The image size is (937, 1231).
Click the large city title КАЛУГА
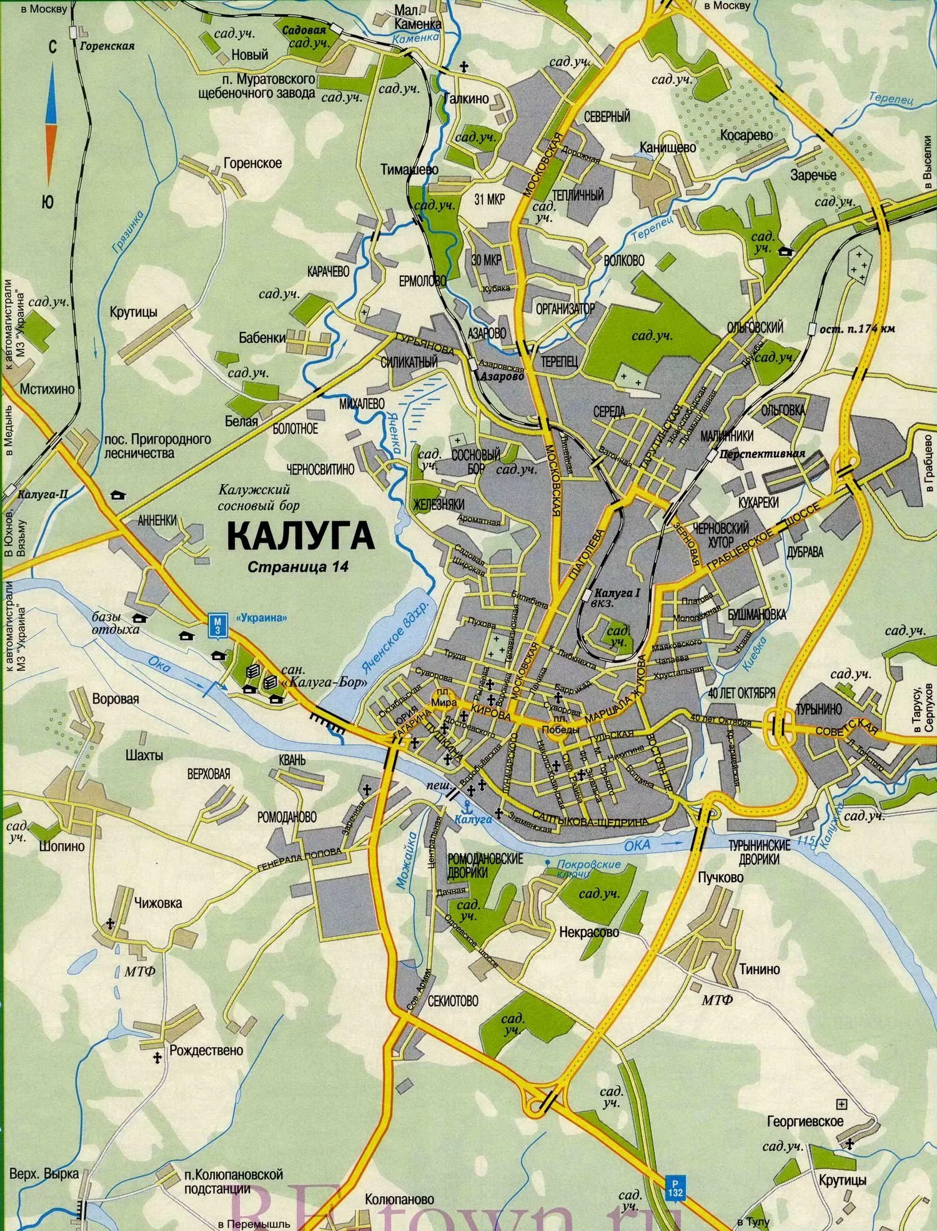pyautogui.click(x=300, y=536)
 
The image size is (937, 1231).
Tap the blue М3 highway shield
pyautogui.click(x=217, y=626)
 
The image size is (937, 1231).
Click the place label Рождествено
pyautogui.click(x=206, y=1050)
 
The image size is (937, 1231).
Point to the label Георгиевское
pyautogui.click(x=805, y=1122)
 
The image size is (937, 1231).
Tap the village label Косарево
pyautogui.click(x=746, y=135)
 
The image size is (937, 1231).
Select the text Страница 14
pyautogui.click(x=297, y=567)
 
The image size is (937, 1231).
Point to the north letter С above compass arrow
pyautogui.click(x=52, y=48)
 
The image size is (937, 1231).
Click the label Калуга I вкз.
pyautogui.click(x=617, y=597)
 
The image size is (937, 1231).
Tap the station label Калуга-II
pyautogui.click(x=42, y=495)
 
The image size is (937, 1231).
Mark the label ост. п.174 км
pyautogui.click(x=856, y=329)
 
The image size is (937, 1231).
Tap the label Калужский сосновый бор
pyautogui.click(x=259, y=498)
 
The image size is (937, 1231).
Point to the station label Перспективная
pyautogui.click(x=762, y=454)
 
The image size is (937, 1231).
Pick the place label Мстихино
pyautogui.click(x=47, y=389)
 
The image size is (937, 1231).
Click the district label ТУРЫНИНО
pyautogui.click(x=818, y=710)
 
